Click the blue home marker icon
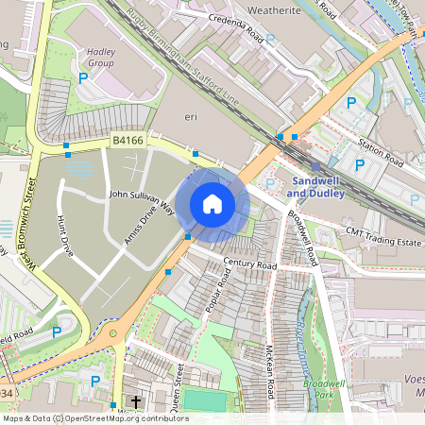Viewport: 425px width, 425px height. (212, 204)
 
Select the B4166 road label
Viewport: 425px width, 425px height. (127, 141)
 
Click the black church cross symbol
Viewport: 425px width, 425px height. (135, 402)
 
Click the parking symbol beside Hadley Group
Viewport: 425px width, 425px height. (83, 79)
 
